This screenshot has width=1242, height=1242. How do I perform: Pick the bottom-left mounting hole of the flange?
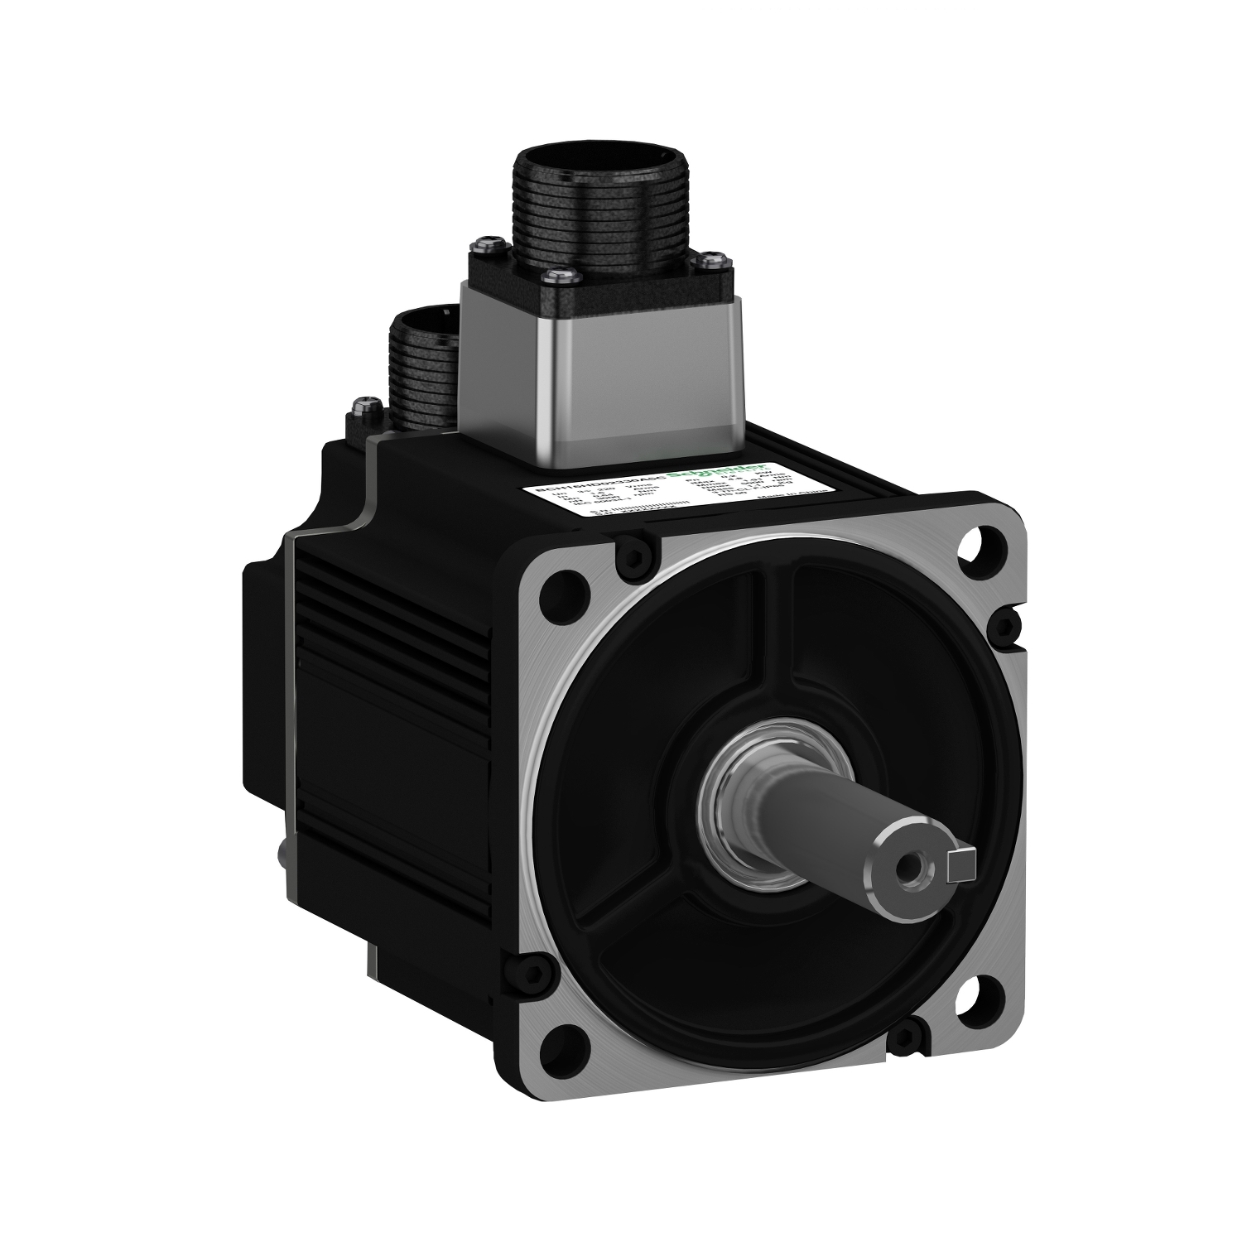[x=564, y=1069]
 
